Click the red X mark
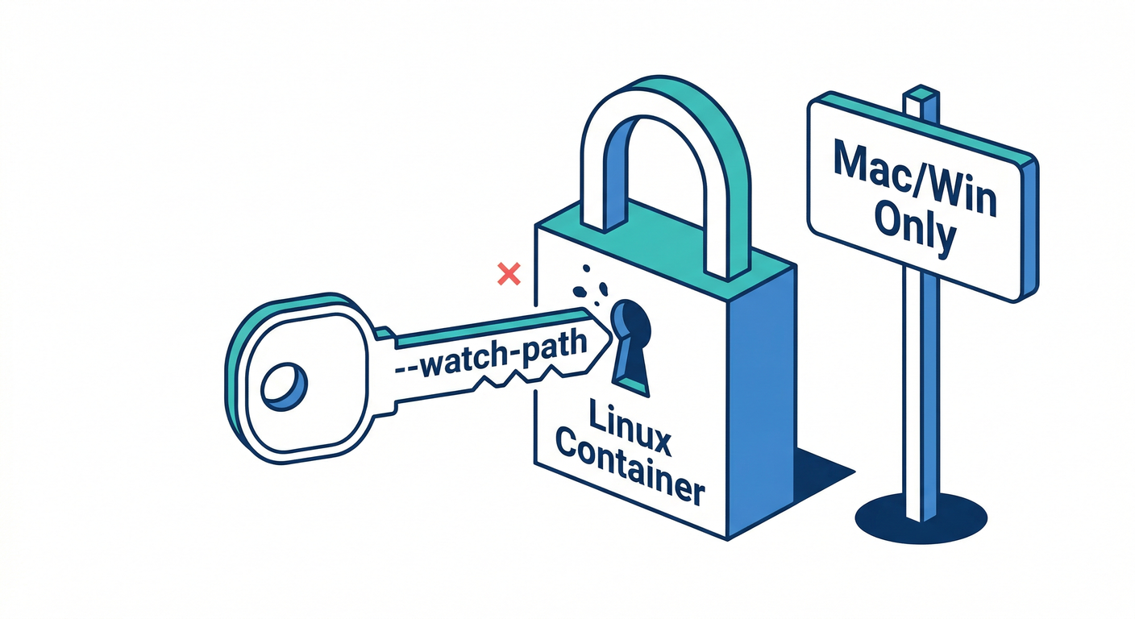click(509, 274)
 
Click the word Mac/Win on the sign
click(913, 177)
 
